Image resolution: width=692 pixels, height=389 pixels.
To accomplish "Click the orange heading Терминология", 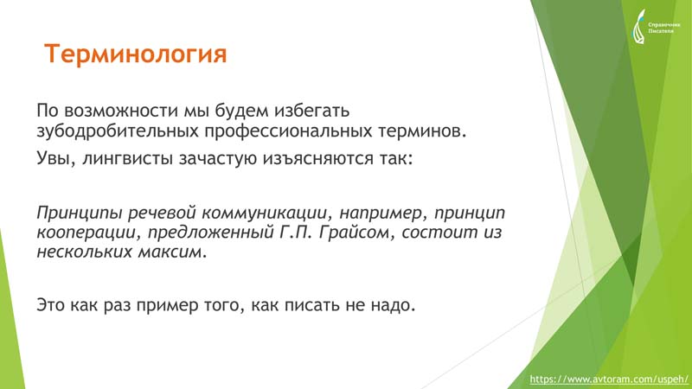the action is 136,54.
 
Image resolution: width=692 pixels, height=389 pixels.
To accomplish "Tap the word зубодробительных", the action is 118,131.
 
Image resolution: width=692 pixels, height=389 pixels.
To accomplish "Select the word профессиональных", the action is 288,131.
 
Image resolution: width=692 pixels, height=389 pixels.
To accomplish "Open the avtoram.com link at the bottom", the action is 609,379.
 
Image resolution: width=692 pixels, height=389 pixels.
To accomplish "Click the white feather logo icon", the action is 638,27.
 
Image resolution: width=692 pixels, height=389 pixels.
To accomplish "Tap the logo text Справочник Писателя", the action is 664,28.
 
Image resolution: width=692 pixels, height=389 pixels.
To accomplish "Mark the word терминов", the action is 422,131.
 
